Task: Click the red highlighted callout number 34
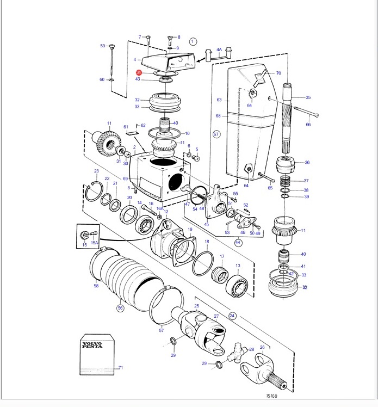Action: (139, 72)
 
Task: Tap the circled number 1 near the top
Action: (193, 41)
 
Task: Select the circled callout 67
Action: (216, 134)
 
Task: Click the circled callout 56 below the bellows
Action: (120, 308)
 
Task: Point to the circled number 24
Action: (232, 316)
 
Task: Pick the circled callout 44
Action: (238, 243)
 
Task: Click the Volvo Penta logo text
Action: (92, 345)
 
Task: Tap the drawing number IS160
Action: (271, 396)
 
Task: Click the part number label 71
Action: (121, 367)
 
